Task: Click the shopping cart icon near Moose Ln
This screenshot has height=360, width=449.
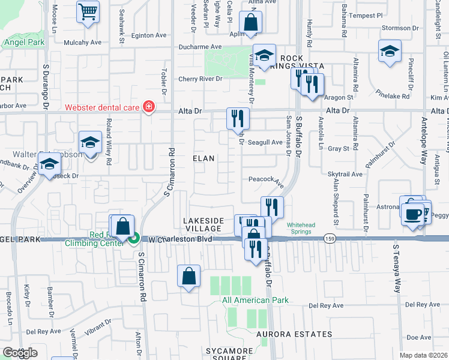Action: [88, 12]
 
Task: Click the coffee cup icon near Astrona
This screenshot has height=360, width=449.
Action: [412, 215]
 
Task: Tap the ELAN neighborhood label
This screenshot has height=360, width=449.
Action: [203, 158]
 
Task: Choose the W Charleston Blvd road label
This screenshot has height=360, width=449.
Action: [178, 238]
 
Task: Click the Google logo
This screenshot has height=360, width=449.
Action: [20, 353]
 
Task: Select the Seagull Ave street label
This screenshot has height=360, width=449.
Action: [265, 142]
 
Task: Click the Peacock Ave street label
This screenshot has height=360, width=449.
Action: [266, 179]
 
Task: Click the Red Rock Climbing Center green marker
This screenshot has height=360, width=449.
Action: [136, 238]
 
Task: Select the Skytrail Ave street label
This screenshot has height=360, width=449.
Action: [345, 173]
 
